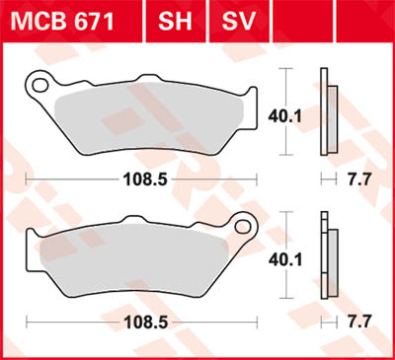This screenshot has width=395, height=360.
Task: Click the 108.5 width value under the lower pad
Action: pos(143,322)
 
